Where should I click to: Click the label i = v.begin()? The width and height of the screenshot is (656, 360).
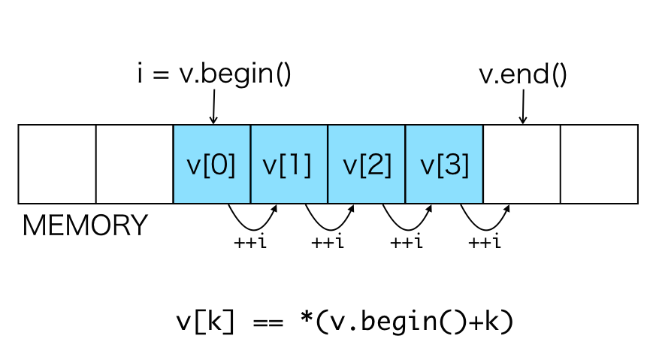(214, 75)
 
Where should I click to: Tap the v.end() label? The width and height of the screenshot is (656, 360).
(522, 75)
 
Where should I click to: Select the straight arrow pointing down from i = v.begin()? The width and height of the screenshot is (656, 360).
(213, 107)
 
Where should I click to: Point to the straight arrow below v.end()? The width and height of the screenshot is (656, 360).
(522, 107)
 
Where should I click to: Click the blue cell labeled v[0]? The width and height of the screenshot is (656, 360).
(211, 165)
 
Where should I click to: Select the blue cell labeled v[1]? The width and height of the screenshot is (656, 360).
(289, 165)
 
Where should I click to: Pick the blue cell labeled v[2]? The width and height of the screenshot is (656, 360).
(366, 165)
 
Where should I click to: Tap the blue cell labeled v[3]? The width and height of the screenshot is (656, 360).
(443, 165)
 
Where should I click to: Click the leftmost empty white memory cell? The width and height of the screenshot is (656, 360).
(57, 165)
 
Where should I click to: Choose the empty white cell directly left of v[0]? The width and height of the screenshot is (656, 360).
(135, 165)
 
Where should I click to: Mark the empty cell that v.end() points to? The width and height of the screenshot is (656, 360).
(521, 165)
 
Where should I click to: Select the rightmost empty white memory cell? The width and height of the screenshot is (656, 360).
(599, 165)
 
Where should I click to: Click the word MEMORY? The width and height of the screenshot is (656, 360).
(85, 225)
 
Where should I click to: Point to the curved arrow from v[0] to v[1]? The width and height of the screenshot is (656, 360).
(251, 223)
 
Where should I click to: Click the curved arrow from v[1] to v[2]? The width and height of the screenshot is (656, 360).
(328, 223)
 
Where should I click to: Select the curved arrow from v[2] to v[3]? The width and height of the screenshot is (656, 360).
(407, 223)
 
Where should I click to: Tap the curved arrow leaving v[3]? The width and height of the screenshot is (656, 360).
(484, 223)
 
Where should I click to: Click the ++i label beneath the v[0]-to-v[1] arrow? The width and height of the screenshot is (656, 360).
(250, 243)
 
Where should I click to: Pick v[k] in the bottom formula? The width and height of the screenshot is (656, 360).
(204, 321)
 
